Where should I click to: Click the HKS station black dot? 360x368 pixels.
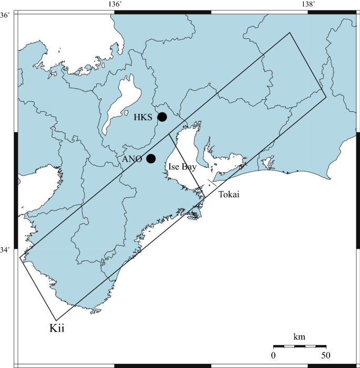(x=162, y=117)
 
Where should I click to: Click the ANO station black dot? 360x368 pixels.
(x=151, y=159)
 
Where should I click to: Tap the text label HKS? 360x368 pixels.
(x=143, y=118)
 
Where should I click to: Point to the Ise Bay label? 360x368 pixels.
(x=182, y=167)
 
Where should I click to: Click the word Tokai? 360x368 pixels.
(x=229, y=195)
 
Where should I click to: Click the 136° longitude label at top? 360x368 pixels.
(x=115, y=4)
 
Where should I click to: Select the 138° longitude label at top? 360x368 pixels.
(x=308, y=4)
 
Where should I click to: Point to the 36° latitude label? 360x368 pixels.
(x=5, y=15)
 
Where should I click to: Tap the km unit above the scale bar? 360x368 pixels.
(x=299, y=336)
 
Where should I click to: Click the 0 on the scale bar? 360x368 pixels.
(x=273, y=355)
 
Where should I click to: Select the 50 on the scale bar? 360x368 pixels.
(x=326, y=355)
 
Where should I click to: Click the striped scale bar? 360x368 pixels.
(x=300, y=346)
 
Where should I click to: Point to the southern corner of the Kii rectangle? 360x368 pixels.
(x=56, y=320)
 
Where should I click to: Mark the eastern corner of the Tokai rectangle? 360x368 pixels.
(x=326, y=97)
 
